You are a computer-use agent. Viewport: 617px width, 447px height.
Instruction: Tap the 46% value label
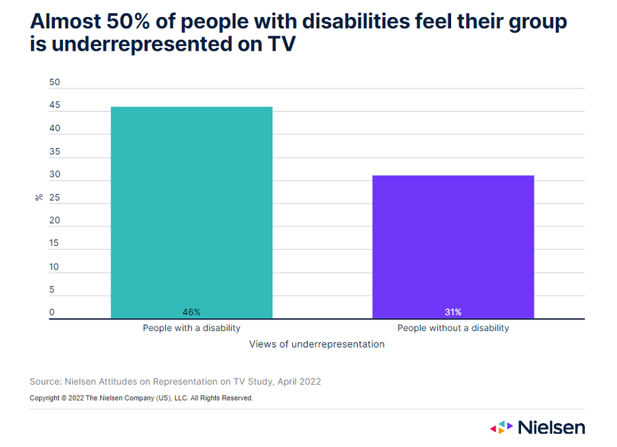pyautogui.click(x=191, y=312)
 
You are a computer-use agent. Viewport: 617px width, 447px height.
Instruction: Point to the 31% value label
pyautogui.click(x=453, y=312)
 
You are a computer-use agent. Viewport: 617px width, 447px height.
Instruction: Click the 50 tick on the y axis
pyautogui.click(x=55, y=82)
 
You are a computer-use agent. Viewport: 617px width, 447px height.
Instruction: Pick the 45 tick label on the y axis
pyautogui.click(x=55, y=106)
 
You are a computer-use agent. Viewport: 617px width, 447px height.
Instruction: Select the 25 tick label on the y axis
pyautogui.click(x=55, y=198)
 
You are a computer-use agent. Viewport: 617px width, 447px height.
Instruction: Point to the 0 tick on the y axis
pyautogui.click(x=52, y=313)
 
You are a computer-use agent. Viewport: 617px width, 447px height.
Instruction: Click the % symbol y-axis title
pyautogui.click(x=39, y=197)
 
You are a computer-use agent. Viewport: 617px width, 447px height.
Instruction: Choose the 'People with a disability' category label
pyautogui.click(x=191, y=328)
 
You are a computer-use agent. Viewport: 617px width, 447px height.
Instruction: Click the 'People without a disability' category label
pyautogui.click(x=453, y=328)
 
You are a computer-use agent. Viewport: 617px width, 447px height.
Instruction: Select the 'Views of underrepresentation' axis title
pyautogui.click(x=317, y=344)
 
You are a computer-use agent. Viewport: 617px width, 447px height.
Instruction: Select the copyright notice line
pyautogui.click(x=141, y=398)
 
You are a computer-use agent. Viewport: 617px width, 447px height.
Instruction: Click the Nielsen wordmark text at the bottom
pyautogui.click(x=551, y=427)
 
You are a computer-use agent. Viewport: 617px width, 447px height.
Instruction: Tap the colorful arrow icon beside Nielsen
pyautogui.click(x=501, y=427)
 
